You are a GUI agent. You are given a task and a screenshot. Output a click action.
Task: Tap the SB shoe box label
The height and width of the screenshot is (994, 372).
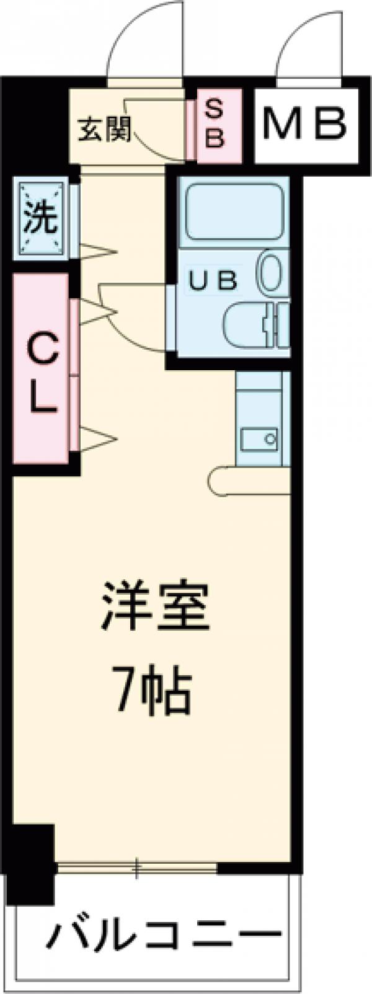213,125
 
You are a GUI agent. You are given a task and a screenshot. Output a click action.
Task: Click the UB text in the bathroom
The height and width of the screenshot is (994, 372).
213,281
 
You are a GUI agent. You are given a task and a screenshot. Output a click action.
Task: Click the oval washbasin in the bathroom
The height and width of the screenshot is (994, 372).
270,271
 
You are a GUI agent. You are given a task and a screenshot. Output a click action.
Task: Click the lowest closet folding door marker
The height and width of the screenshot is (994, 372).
98,438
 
